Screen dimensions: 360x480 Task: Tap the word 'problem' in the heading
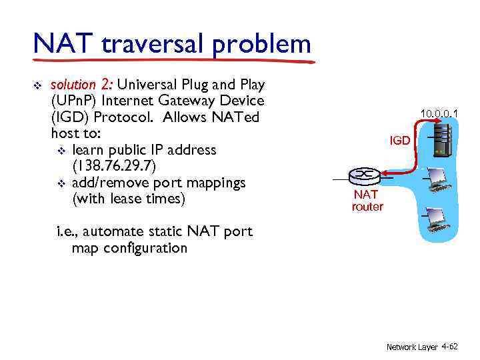coord(263,45)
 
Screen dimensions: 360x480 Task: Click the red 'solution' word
coord(73,85)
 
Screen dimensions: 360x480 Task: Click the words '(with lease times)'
coord(127,199)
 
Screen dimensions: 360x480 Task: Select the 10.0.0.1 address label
coord(439,114)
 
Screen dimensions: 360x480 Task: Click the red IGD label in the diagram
coord(400,141)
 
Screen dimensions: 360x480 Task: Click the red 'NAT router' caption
coord(367,201)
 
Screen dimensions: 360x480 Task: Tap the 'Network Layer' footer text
coord(411,347)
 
